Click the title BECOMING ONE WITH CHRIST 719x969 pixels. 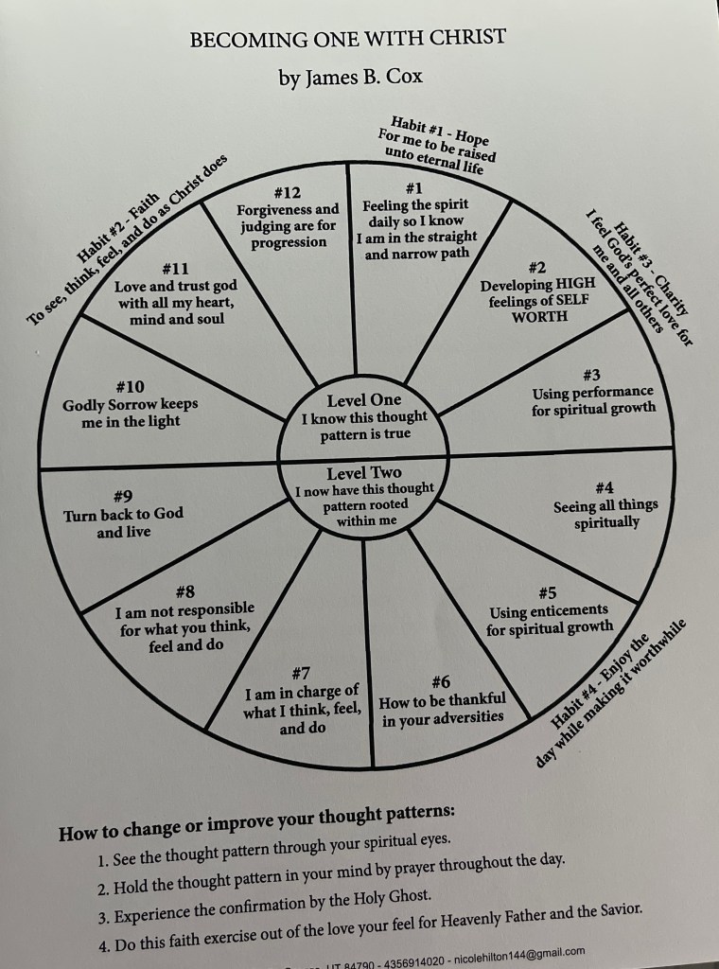click(x=348, y=39)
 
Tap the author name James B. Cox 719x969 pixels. click(x=349, y=79)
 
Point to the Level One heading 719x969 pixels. click(x=364, y=400)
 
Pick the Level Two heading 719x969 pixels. click(x=364, y=473)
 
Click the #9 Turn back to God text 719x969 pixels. click(x=123, y=522)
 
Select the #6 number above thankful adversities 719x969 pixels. click(x=440, y=681)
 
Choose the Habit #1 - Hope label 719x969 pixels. click(x=447, y=136)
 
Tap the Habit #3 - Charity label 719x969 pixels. click(x=652, y=264)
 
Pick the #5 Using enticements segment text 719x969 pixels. click(x=550, y=618)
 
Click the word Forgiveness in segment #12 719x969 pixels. click(x=274, y=209)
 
